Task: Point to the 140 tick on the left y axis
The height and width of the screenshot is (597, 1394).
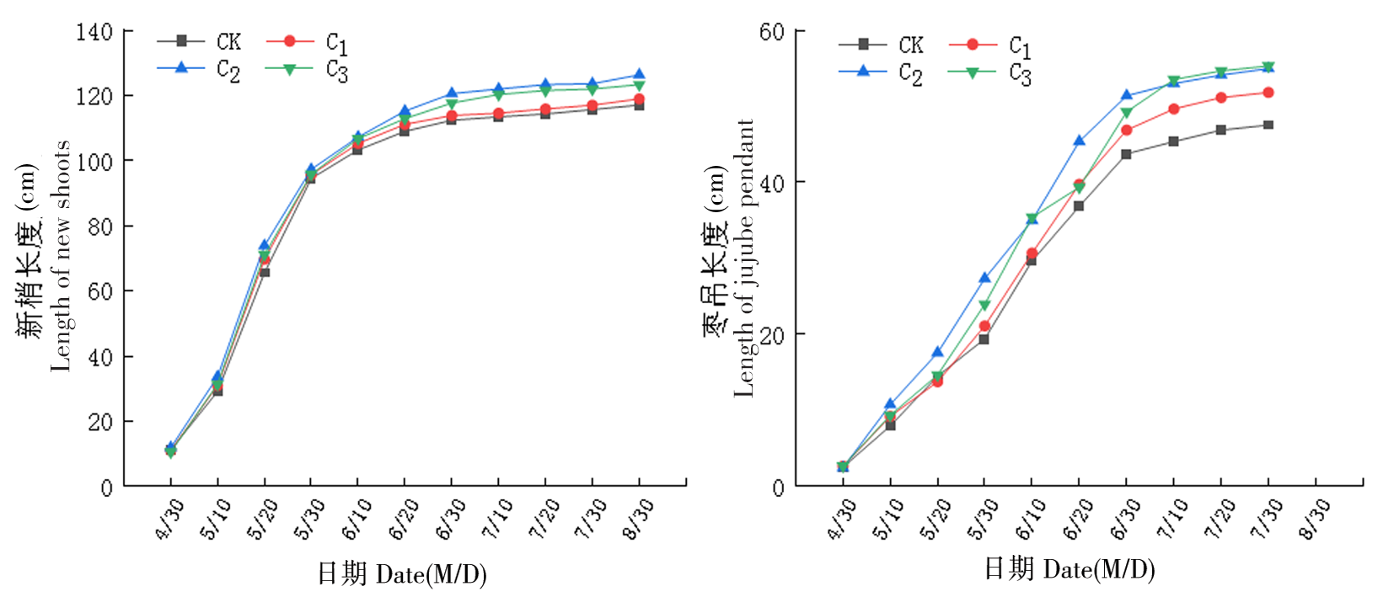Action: (94, 32)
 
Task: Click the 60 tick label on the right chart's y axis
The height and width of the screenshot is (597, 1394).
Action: (771, 32)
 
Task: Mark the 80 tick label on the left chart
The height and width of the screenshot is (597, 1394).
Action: (100, 227)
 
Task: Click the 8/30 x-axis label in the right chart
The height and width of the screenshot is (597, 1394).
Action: (1315, 518)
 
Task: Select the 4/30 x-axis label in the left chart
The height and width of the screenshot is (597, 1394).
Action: (170, 518)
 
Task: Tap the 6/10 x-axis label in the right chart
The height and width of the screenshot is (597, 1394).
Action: (1031, 518)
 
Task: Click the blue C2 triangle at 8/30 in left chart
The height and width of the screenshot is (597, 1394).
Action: (639, 75)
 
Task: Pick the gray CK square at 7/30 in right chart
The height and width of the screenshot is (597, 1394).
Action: (1268, 125)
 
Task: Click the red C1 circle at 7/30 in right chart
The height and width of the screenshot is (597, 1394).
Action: (1268, 93)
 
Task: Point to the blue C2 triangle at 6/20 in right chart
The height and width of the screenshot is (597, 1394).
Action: (1079, 141)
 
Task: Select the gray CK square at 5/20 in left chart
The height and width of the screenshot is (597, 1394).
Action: (265, 272)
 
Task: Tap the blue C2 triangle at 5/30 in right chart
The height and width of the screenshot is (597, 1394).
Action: (984, 277)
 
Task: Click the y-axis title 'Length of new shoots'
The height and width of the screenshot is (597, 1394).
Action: (60, 256)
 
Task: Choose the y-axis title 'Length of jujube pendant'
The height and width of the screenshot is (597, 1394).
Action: (744, 258)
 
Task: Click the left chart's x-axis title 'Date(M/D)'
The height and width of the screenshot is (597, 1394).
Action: (431, 575)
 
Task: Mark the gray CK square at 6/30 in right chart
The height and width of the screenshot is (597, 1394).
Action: (1126, 154)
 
